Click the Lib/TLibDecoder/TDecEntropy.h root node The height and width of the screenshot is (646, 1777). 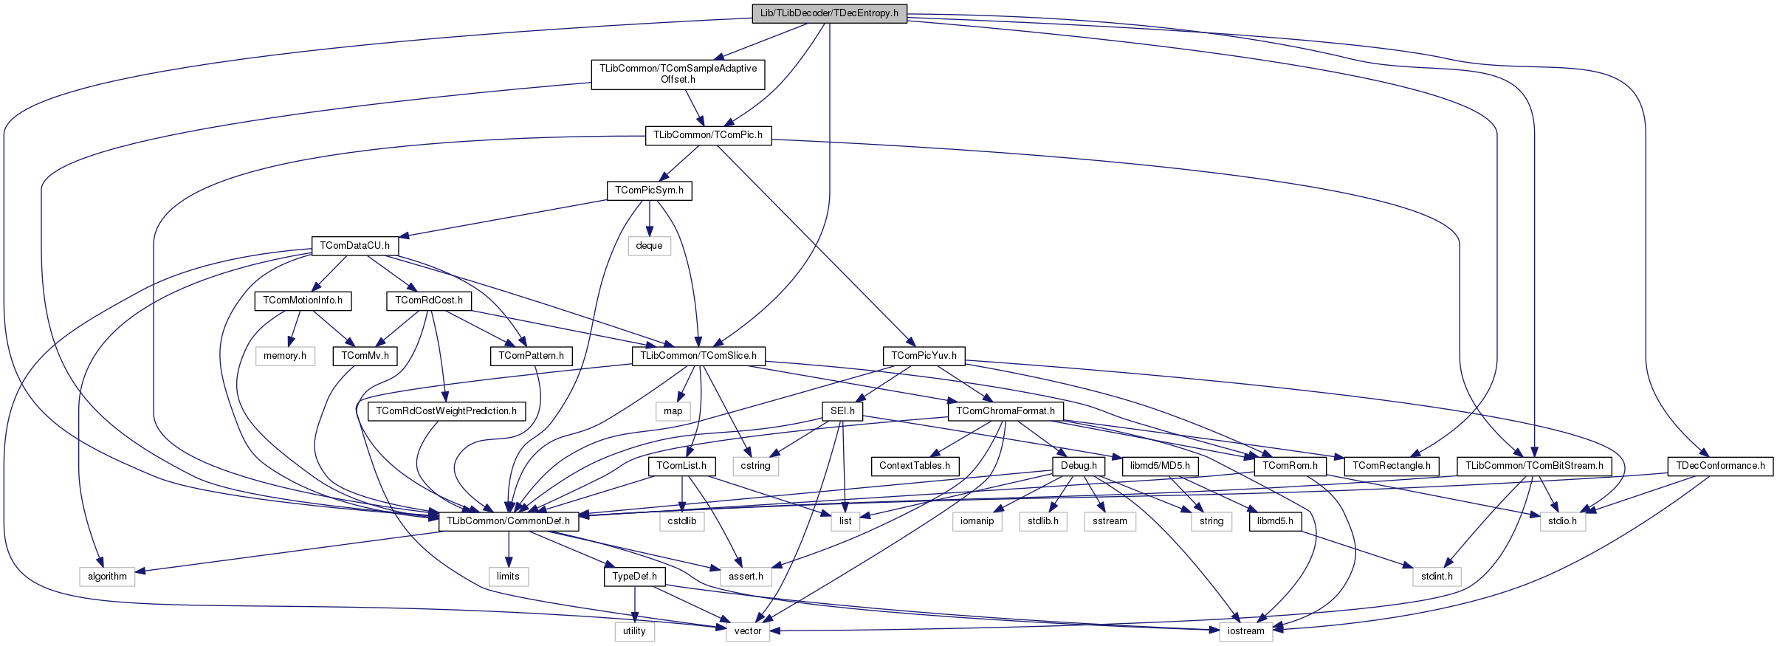(829, 13)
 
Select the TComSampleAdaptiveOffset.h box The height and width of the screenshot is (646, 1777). (678, 74)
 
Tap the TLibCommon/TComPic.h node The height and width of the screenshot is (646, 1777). (708, 135)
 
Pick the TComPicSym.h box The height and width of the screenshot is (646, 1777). (650, 190)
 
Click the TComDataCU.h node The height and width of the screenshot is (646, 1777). (354, 246)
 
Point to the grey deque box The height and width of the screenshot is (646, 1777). (649, 246)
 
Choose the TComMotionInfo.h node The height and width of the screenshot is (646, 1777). (303, 300)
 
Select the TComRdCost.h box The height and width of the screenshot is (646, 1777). (429, 300)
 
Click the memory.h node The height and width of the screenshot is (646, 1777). (285, 356)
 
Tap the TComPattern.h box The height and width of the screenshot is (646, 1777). (531, 356)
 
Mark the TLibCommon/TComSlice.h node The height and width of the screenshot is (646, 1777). (698, 356)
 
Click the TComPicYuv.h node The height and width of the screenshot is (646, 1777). (924, 356)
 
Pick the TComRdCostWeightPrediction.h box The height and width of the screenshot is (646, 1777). (447, 411)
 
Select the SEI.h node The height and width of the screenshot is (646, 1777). (842, 411)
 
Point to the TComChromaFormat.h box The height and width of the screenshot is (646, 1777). (1006, 411)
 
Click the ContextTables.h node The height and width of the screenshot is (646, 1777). (915, 466)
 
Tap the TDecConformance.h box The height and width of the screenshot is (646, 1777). (1720, 466)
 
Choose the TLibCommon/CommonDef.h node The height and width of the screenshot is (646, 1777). (509, 521)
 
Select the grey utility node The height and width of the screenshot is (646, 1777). (634, 631)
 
